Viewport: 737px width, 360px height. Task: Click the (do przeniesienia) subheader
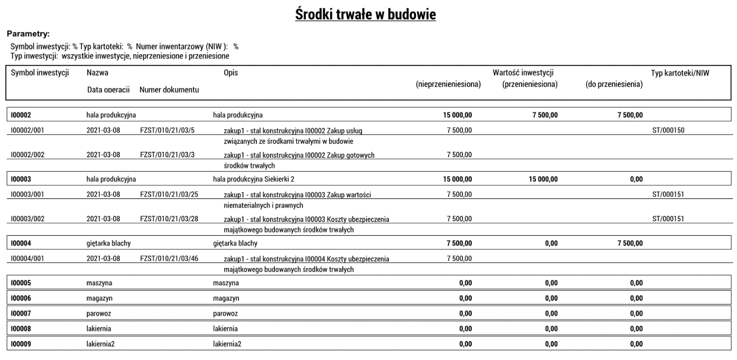pyautogui.click(x=614, y=85)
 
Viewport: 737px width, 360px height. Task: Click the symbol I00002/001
pyautogui.click(x=27, y=130)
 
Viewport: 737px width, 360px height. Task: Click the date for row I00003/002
pyautogui.click(x=104, y=219)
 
